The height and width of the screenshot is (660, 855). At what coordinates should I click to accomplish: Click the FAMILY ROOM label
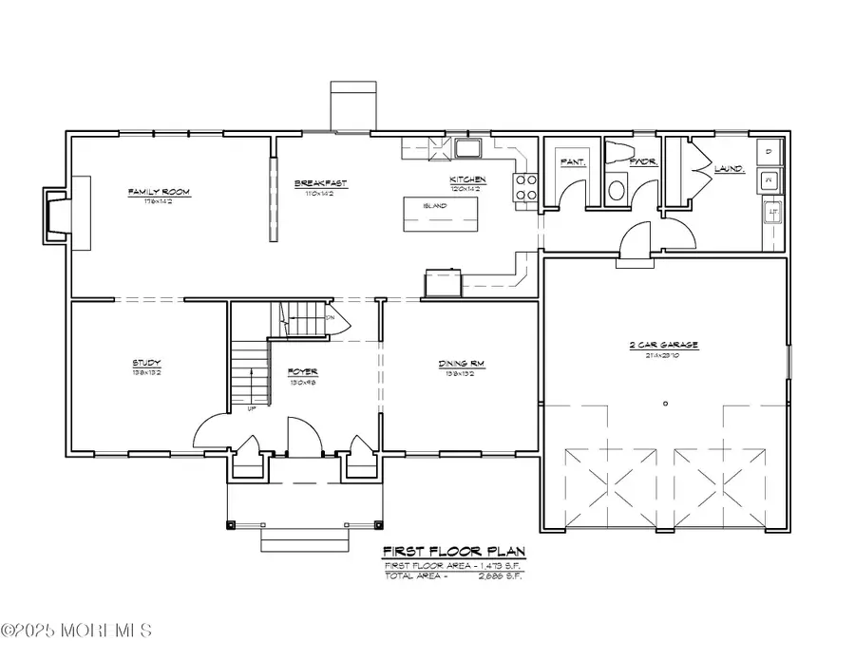(x=159, y=192)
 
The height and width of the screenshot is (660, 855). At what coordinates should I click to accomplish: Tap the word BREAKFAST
(x=320, y=183)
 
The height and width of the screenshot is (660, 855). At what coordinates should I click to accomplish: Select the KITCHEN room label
(x=467, y=179)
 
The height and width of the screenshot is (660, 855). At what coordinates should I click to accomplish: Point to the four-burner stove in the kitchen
(x=525, y=188)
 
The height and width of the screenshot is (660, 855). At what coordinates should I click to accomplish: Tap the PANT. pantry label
(x=572, y=162)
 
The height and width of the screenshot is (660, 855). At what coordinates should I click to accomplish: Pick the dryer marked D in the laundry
(x=769, y=151)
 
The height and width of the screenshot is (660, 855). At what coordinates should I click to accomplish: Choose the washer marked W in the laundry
(x=769, y=179)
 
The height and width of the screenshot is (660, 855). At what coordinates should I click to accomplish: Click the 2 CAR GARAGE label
(x=672, y=346)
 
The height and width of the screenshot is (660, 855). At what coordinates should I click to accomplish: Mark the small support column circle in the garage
(x=665, y=403)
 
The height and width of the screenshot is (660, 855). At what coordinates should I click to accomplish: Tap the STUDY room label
(x=146, y=363)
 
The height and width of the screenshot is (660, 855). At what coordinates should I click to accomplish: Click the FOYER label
(x=302, y=371)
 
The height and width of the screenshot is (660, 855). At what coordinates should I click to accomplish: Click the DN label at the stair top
(x=330, y=317)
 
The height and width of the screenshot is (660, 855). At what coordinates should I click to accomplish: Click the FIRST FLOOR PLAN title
(x=453, y=552)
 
